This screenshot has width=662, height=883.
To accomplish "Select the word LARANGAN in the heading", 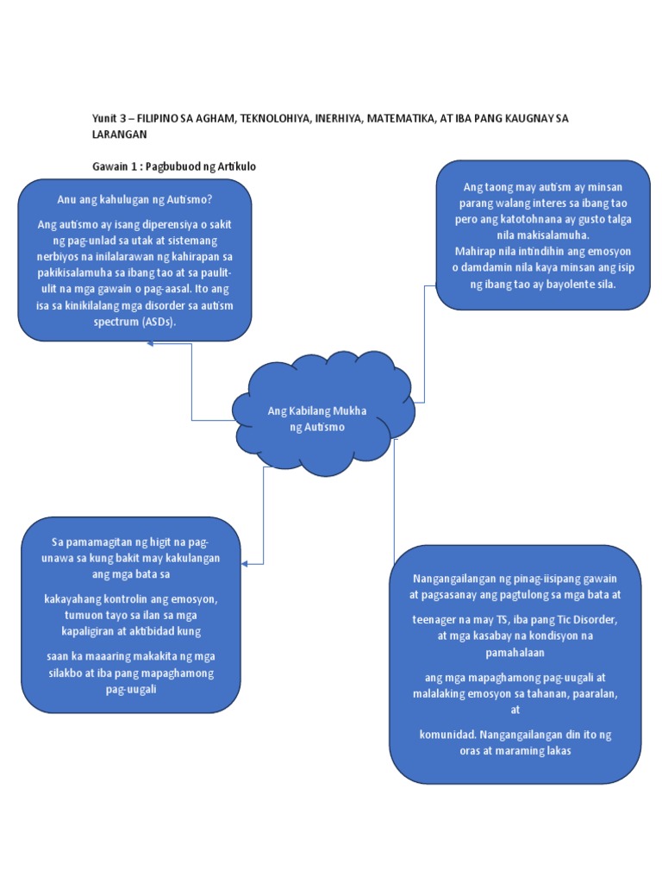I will point(120,135).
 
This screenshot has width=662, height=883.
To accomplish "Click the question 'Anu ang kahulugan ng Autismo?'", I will point(134,201).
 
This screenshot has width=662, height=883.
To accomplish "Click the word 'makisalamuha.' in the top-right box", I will point(548,235).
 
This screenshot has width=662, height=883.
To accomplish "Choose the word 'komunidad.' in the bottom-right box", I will point(446,735).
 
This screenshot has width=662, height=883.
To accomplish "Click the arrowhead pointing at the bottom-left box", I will point(247,564).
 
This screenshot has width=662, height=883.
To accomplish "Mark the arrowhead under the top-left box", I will point(151,343).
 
